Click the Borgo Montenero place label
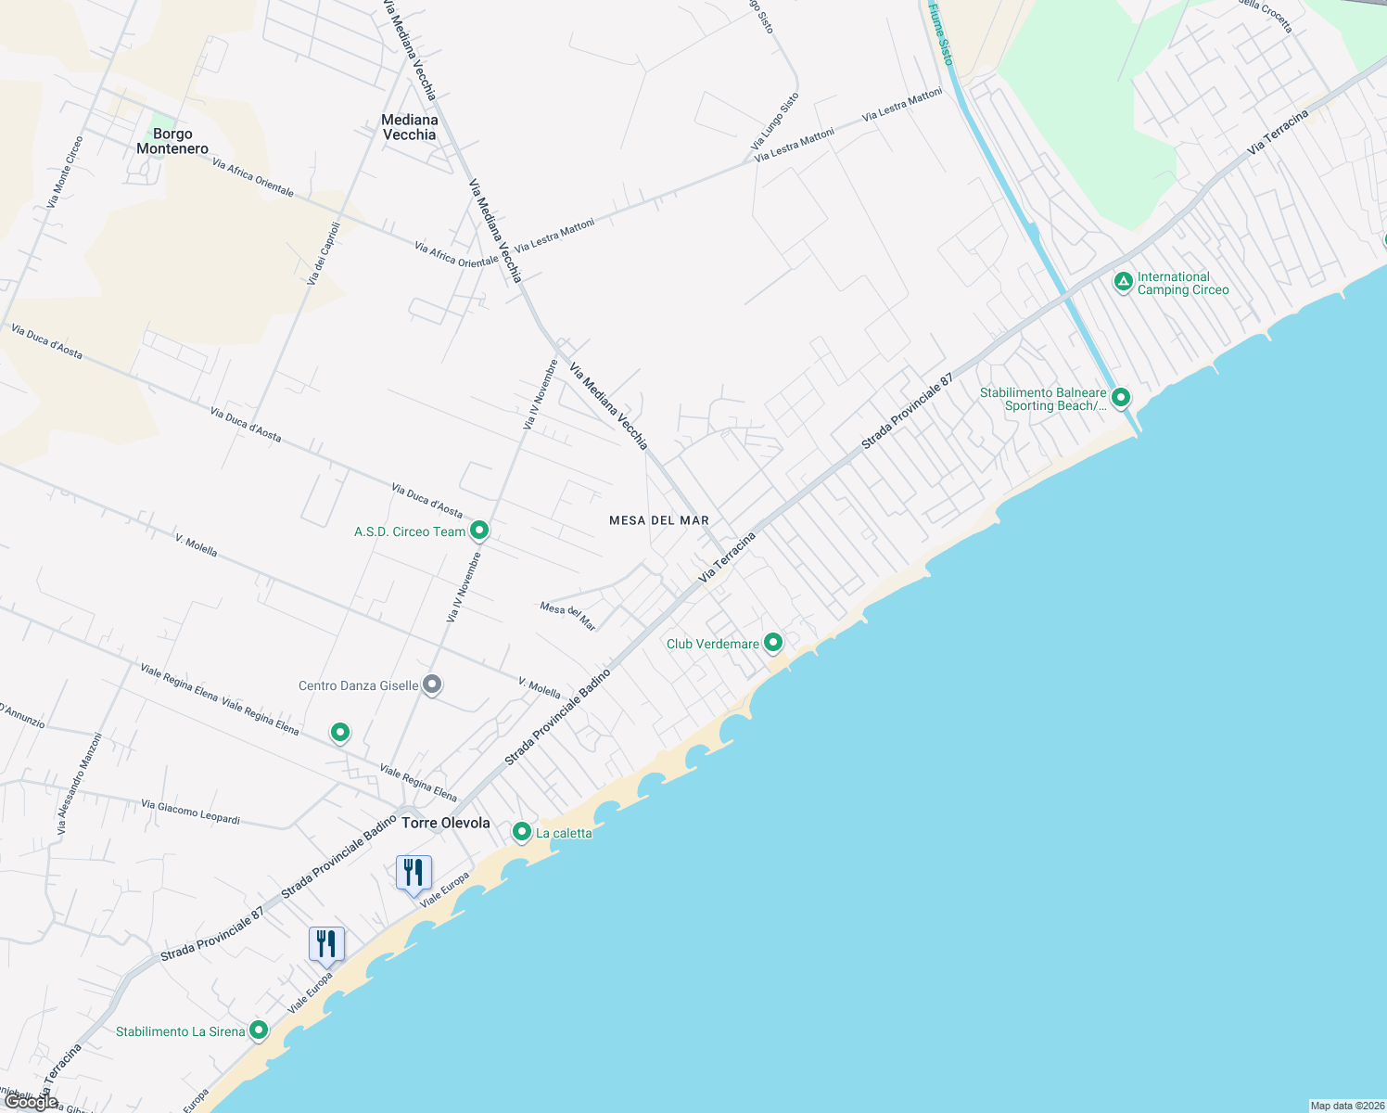point(172,141)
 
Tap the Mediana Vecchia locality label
point(410,127)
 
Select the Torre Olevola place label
point(446,823)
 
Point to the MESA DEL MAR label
point(659,520)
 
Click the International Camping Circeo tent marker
point(1124,281)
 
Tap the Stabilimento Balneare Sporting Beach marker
point(1121,398)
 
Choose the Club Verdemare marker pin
point(772,642)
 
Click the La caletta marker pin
point(522,831)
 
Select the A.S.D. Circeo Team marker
point(479,531)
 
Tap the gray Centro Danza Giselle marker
point(431,684)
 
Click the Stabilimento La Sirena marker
point(259,1030)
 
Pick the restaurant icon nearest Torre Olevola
point(414,872)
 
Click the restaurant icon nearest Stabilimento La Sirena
point(326,943)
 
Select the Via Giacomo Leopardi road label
point(190,812)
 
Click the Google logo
point(31,1101)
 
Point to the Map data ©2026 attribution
point(1346,1106)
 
